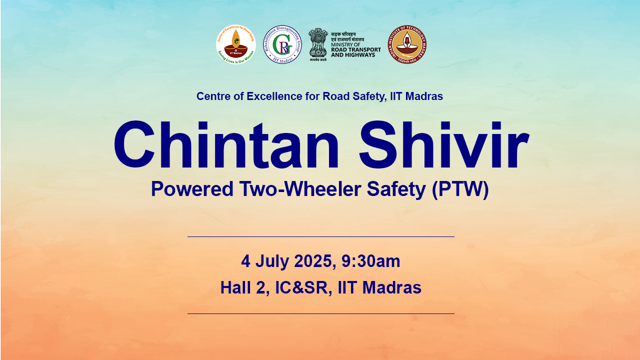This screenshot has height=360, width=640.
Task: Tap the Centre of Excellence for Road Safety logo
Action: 235,44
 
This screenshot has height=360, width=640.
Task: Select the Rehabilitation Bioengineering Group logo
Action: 282,44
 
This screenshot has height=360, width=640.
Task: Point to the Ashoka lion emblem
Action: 318,43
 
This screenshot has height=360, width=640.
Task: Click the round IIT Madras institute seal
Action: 407,44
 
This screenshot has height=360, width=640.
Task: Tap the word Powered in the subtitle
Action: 192,189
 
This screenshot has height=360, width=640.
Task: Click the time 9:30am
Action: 371,261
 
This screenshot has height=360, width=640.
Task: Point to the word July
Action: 272,261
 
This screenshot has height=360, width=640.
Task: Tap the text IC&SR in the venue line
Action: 302,287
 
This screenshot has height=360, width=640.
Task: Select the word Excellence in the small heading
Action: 274,96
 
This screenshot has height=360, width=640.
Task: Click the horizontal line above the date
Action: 320,236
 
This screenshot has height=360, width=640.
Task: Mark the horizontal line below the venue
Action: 320,313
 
